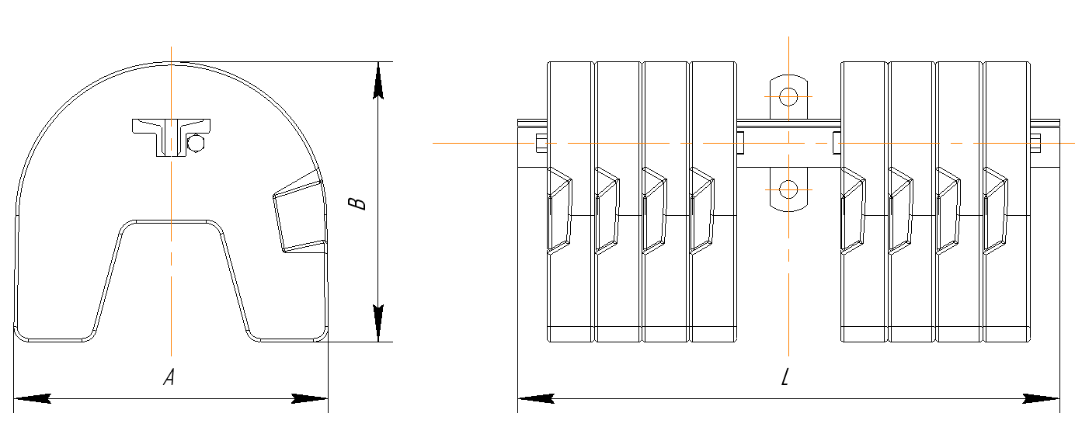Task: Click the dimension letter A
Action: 169,378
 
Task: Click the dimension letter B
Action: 357,203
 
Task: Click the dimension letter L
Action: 785,378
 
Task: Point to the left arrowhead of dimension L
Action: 536,399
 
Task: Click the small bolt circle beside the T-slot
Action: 197,144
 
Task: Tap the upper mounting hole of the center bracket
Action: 788,96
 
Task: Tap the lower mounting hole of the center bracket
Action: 788,189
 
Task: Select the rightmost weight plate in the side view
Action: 1006,295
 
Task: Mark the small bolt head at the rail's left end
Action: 540,143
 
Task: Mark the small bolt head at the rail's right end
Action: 1035,143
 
